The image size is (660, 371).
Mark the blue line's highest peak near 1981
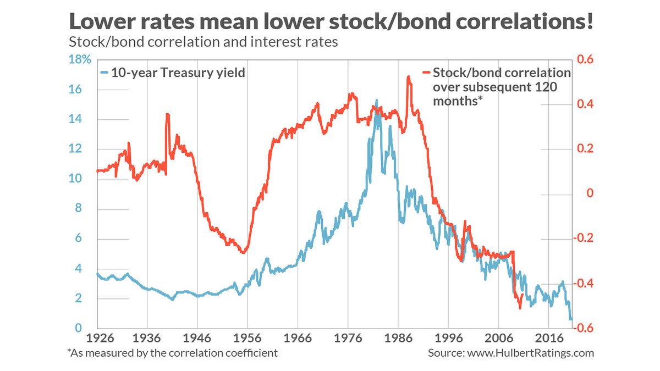pos(377,101)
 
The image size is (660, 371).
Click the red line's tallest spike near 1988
pos(408,77)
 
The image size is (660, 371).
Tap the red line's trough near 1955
pos(244,252)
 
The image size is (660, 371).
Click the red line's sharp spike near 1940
pos(167,114)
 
